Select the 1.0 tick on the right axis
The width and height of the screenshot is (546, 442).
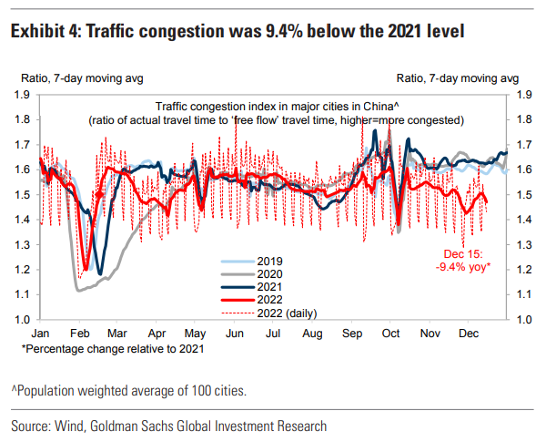523,320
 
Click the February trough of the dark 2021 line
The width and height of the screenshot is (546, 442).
99,272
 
